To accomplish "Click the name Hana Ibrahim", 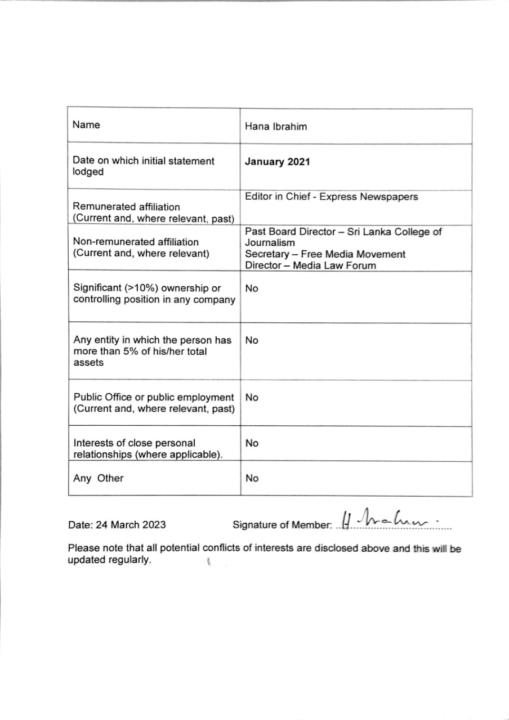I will tap(276, 127).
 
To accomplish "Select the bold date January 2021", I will tap(277, 162).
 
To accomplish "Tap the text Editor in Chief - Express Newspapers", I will tap(332, 197).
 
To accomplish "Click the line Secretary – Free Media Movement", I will tap(325, 254).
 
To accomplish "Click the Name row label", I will tap(86, 125).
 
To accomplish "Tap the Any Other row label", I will tap(98, 478).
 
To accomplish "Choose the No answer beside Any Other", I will tap(252, 479).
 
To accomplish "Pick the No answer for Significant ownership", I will tap(252, 289).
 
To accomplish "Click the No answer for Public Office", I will tap(252, 398).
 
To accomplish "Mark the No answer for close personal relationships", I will tap(252, 443).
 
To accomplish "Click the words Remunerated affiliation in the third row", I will tap(127, 207).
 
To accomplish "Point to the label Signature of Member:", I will tap(282, 525).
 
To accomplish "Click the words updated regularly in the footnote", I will tap(109, 560).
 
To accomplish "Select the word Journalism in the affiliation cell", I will tap(270, 243).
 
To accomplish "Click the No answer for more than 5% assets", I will tap(252, 340).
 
